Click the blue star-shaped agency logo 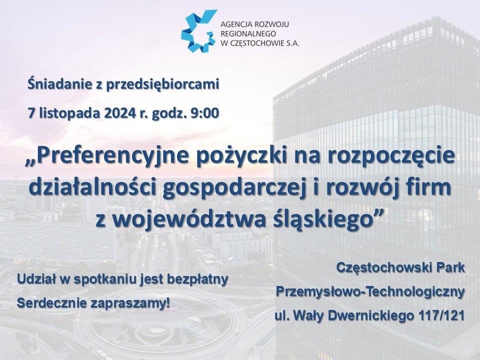pyautogui.click(x=199, y=30)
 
